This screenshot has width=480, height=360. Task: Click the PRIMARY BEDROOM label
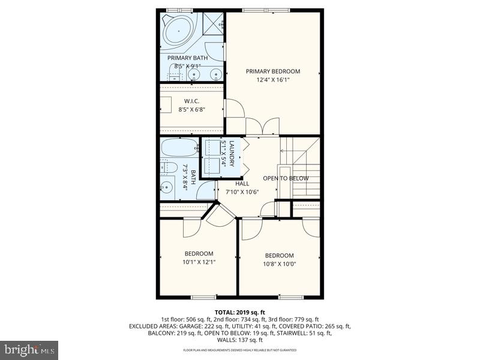[273, 71]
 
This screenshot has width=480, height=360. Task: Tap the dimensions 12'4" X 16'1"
[273, 80]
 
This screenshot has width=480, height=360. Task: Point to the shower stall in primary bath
[213, 23]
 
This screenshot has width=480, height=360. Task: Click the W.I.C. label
[191, 101]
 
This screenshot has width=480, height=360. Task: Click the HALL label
[242, 184]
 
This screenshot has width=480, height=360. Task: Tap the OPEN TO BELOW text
[286, 178]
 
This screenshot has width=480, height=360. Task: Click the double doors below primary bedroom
[263, 127]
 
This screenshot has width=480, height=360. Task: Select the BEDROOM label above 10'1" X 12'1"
[199, 253]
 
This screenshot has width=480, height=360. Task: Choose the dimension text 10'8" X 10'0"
[280, 263]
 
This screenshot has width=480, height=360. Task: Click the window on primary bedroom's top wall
[265, 10]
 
